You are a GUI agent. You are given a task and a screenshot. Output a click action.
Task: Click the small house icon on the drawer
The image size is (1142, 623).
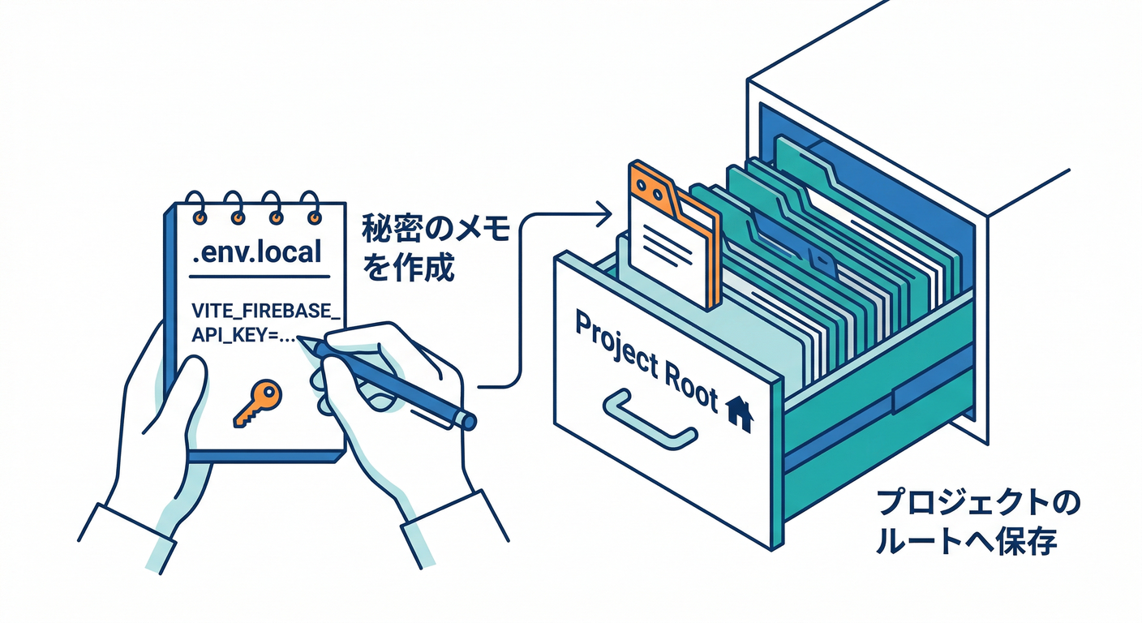point(738,413)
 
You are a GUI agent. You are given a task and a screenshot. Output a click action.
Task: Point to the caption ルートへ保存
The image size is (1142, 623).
point(966,541)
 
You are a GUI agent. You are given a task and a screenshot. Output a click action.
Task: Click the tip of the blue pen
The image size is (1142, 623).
point(304,342)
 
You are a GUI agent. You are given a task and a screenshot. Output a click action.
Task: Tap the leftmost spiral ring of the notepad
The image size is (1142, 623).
point(195,208)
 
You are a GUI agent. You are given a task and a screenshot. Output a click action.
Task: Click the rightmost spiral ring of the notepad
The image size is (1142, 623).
point(309,208)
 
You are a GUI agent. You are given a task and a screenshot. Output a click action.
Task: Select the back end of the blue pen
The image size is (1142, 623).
point(466,420)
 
